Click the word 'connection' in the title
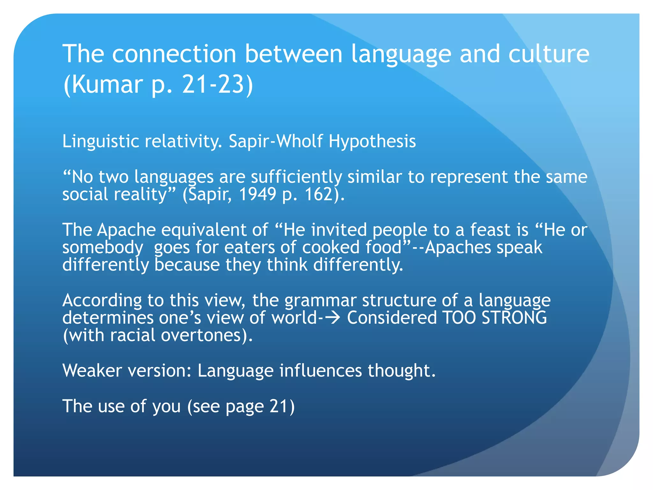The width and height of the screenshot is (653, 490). coord(174,54)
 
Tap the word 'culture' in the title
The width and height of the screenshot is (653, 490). coord(548,54)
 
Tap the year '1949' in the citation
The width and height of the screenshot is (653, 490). coord(257,194)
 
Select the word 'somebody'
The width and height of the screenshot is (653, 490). coord(103,247)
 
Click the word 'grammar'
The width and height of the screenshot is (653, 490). coord(320,300)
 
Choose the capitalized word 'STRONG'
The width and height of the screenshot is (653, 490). coord(514,318)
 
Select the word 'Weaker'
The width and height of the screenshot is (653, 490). coord(92,370)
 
